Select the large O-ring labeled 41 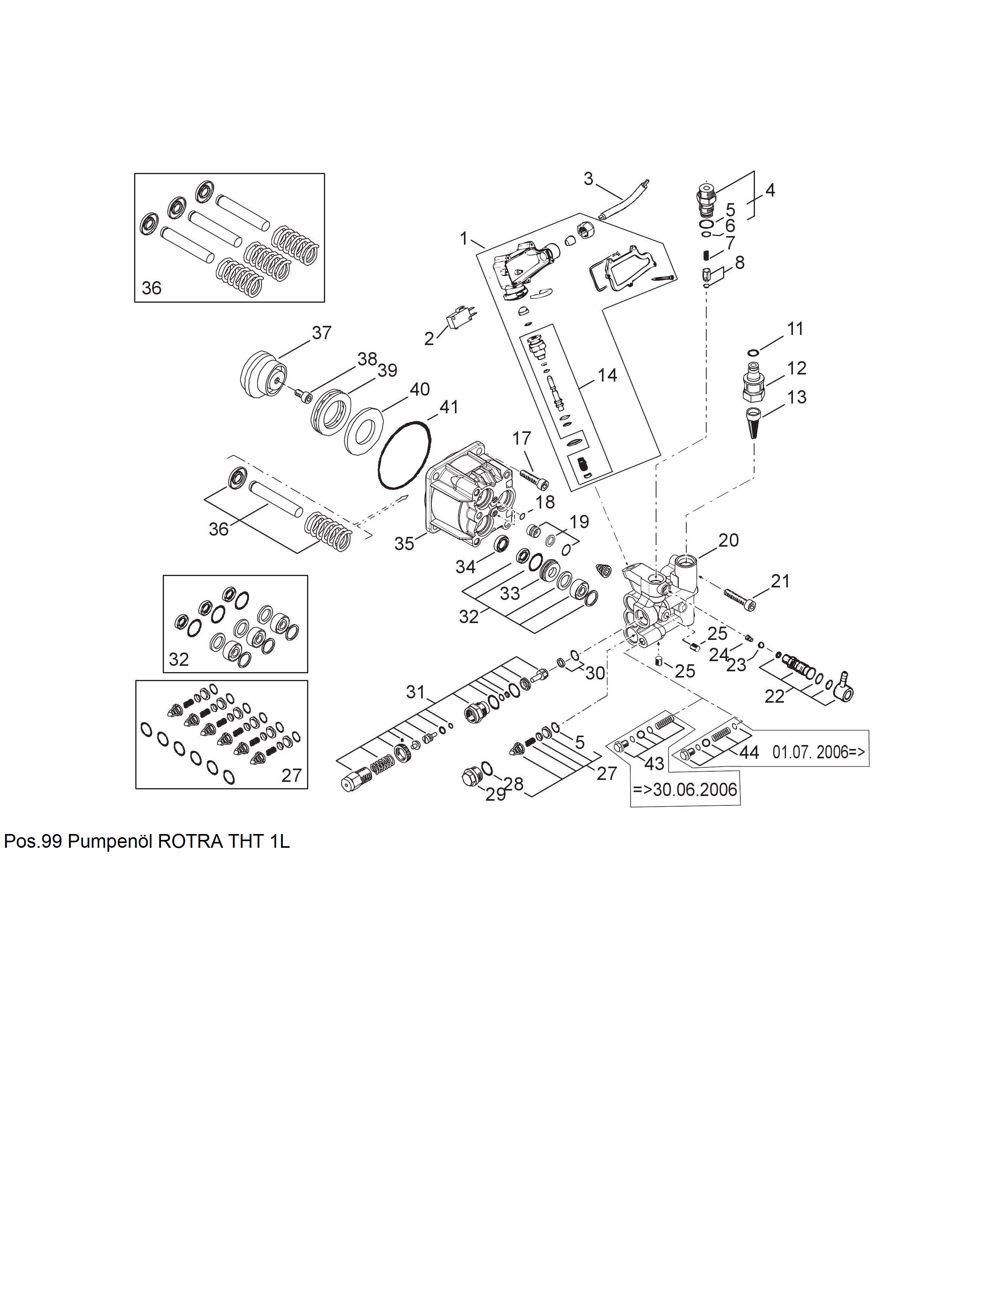coord(405,456)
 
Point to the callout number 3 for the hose coord(588,178)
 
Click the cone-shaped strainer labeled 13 coord(754,422)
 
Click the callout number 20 coord(729,540)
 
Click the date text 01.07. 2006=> coord(819,752)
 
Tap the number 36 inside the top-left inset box coord(152,288)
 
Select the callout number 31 coord(416,691)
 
